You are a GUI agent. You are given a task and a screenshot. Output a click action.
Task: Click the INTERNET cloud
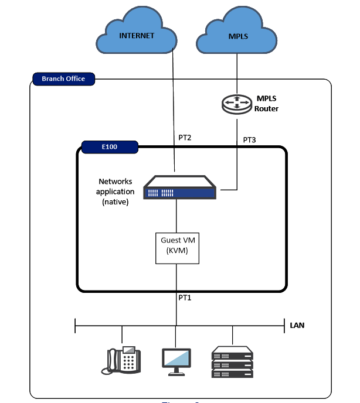[x=137, y=36]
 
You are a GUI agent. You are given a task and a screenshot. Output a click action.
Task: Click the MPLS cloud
[x=238, y=36]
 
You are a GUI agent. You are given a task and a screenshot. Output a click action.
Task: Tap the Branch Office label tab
[x=63, y=78]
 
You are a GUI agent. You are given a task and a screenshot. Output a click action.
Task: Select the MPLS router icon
[x=236, y=104]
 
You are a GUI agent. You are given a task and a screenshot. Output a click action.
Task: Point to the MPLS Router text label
[x=266, y=104]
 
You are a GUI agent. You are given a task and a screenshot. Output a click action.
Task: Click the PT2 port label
[x=185, y=138]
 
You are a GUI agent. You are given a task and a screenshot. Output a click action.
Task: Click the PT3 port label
[x=250, y=141]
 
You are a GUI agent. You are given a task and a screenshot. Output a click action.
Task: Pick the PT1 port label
[x=185, y=298]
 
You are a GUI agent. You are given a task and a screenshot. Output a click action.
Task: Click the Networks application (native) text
[x=116, y=192]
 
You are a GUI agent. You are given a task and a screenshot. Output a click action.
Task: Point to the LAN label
[x=297, y=324]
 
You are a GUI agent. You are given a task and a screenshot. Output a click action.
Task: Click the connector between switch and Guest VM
[x=176, y=217]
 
